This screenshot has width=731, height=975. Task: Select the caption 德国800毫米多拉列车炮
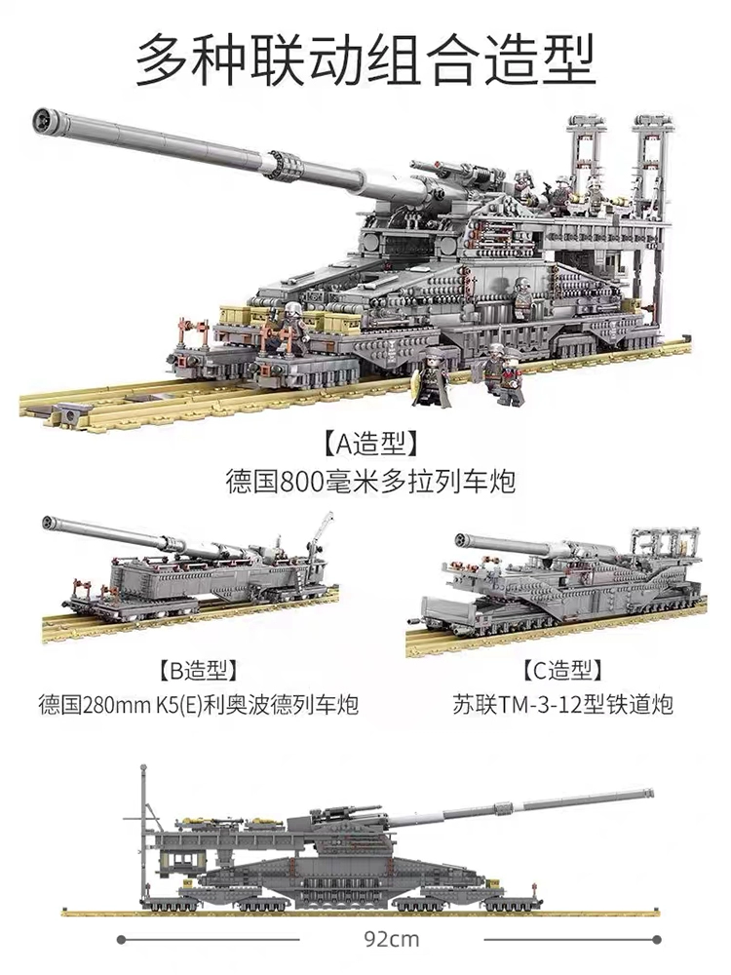[369, 482]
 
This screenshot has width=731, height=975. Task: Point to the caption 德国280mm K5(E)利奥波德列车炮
[198, 706]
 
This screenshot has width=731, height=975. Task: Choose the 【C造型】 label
[561, 671]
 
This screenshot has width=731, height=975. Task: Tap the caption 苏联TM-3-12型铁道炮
[562, 706]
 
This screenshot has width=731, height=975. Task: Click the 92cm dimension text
[392, 939]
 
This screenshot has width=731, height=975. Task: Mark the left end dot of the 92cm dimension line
[121, 940]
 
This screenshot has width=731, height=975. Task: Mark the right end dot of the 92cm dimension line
[657, 940]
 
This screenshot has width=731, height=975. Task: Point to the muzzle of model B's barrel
[49, 523]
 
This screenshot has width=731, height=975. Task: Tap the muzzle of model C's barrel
[464, 540]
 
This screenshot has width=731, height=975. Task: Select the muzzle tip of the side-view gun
[650, 793]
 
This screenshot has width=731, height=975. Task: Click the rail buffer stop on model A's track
[70, 412]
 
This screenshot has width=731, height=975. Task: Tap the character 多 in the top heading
[164, 60]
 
